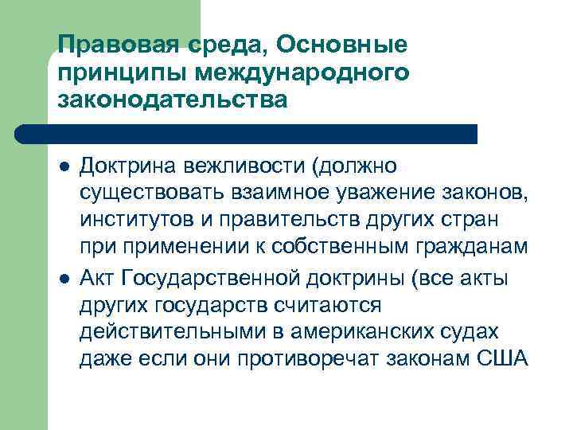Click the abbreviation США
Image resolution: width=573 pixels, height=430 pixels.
click(x=501, y=359)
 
